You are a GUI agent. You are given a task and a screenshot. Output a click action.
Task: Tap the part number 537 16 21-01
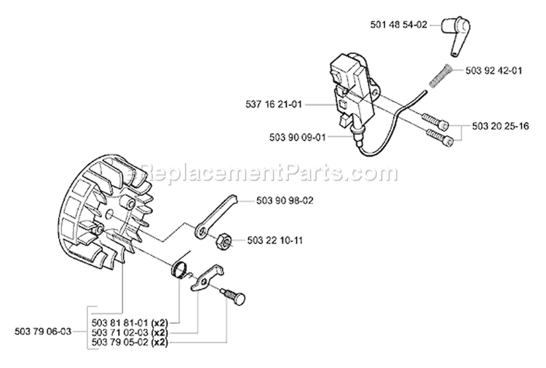point(274,105)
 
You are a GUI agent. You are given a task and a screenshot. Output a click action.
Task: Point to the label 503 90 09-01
point(274,136)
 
